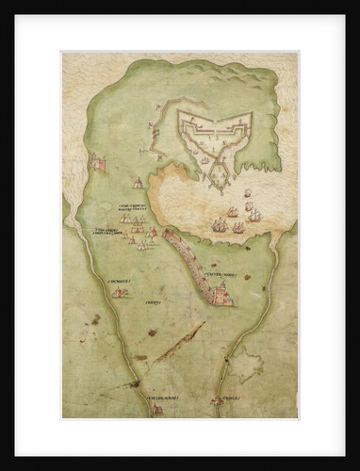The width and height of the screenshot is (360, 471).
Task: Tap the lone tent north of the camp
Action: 139,183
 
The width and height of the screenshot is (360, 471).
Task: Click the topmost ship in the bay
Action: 248,196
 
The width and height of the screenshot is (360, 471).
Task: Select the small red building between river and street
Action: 120,293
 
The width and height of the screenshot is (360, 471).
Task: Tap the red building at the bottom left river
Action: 157,409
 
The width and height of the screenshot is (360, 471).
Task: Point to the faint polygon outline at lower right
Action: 248,363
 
